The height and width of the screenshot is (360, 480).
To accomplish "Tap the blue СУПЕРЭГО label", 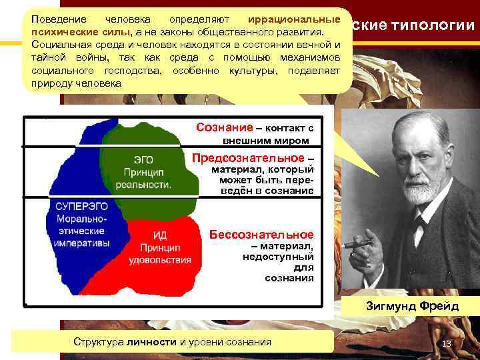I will coord(76,207).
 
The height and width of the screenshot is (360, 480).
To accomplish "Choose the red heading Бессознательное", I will coord(261,235).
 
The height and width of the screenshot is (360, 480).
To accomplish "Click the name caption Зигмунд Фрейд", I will coord(411,306).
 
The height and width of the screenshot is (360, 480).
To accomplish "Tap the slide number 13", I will coord(447,343).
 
